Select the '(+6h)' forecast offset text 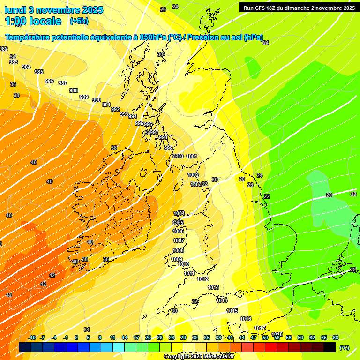click(79, 21)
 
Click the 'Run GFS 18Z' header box click(299, 7)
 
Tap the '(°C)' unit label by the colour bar click(344, 347)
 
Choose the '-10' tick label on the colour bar click(31, 337)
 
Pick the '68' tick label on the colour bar click(335, 337)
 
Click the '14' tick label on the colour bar click(125, 337)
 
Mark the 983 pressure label click(14, 62)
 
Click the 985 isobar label click(39, 72)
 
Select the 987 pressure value click(63, 83)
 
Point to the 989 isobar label click(83, 97)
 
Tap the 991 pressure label click(106, 105)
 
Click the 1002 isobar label click(193, 175)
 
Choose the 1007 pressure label click(179, 240)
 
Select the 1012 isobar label click(202, 279)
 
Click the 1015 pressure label click(232, 311)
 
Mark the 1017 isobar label click(260, 328)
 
